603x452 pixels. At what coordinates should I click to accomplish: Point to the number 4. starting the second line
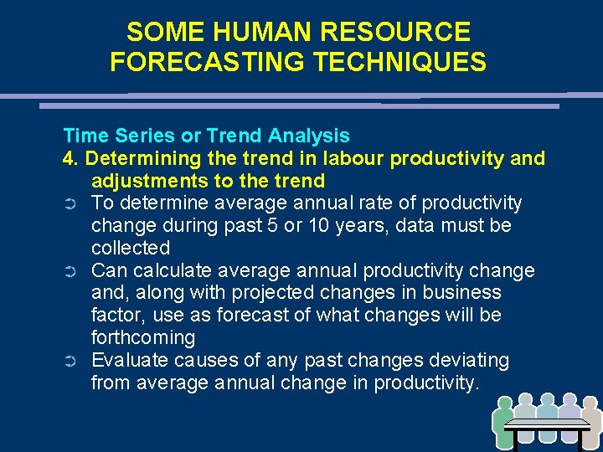click(x=71, y=158)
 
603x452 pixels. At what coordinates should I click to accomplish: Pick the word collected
click(x=131, y=248)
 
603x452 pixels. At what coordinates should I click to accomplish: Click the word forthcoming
click(x=143, y=338)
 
